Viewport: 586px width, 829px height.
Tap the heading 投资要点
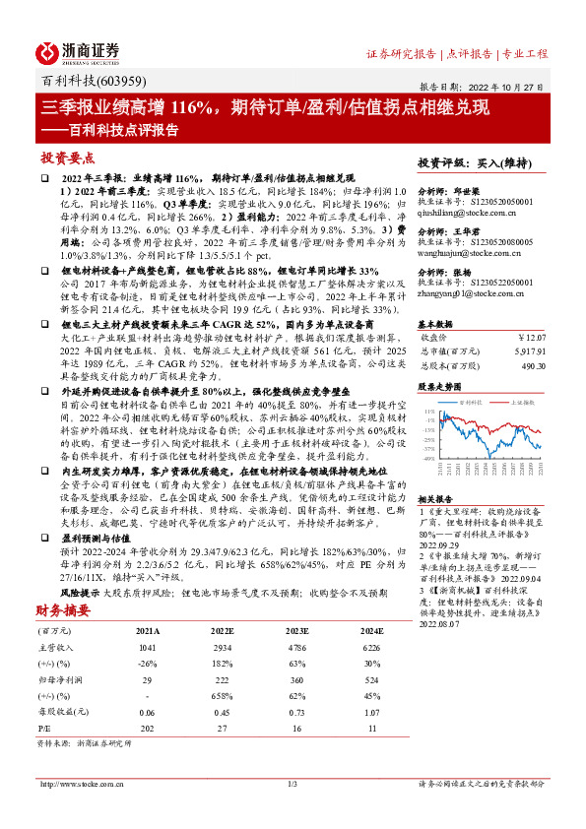[x=67, y=158]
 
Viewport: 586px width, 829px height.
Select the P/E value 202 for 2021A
[x=148, y=726]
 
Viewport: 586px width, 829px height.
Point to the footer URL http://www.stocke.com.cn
[x=81, y=810]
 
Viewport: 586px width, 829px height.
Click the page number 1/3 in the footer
[x=293, y=810]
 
